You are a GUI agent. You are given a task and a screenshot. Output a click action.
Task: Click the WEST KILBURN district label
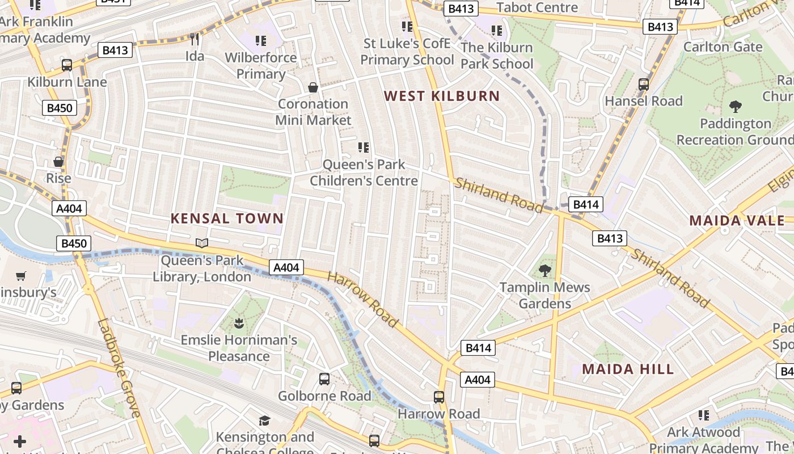pos(442,96)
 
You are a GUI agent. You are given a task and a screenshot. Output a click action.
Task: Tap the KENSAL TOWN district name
pos(227,218)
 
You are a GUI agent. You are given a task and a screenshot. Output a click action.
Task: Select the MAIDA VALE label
pos(737,221)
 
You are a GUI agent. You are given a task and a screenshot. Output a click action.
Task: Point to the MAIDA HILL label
pos(628,369)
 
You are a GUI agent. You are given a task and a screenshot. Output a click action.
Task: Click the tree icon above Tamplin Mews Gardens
pos(544,270)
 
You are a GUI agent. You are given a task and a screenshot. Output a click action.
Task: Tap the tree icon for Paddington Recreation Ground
pos(735,106)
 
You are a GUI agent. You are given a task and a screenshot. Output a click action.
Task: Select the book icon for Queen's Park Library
pos(202,243)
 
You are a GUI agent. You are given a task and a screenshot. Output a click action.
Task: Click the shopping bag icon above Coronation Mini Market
pos(312,87)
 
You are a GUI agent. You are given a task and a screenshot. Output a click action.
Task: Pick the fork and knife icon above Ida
pos(195,39)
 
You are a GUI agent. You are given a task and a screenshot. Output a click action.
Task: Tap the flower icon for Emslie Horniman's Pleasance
pos(239,323)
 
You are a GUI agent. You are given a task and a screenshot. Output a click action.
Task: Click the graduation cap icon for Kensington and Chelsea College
pos(264,421)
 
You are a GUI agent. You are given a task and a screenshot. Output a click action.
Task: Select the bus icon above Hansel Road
pos(643,84)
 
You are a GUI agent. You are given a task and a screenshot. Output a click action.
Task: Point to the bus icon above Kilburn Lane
pos(67,65)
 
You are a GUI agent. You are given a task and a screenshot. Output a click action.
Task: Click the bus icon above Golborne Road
pos(324,379)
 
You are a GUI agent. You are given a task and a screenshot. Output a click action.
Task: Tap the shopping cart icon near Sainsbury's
pos(21,276)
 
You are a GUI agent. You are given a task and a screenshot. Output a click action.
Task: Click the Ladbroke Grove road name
pos(119,368)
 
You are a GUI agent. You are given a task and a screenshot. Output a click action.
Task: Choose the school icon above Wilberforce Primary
pos(260,40)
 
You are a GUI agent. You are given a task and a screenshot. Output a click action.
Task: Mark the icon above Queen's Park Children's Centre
pos(364,148)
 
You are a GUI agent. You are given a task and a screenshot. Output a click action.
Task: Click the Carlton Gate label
pos(723,47)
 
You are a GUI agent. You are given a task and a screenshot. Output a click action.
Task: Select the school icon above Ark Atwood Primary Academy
pos(703,415)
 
